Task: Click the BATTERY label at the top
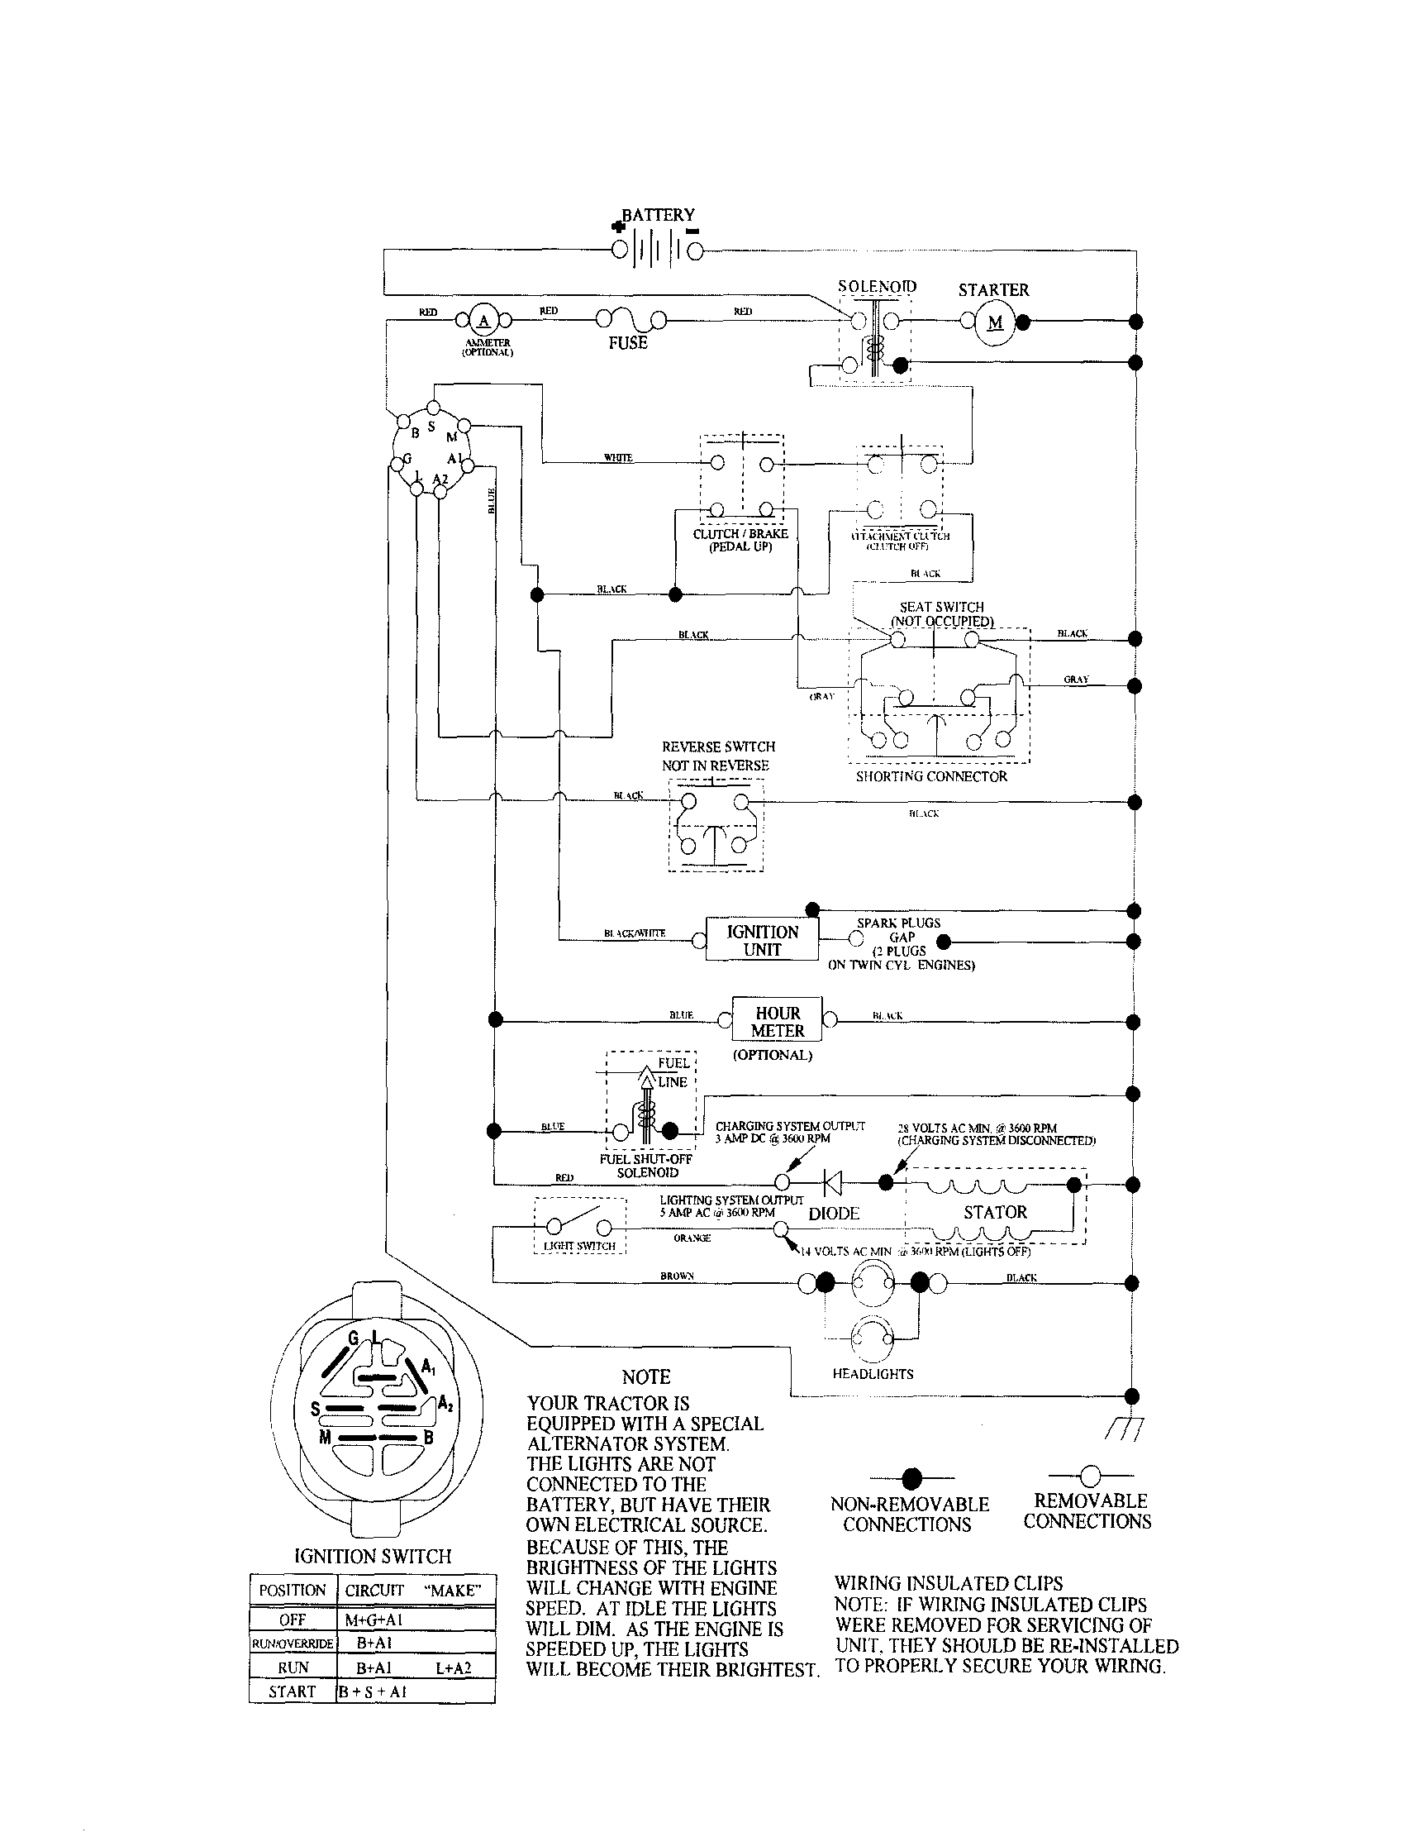[x=658, y=215]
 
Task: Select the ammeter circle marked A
[x=483, y=321]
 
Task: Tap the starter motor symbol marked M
[x=995, y=322]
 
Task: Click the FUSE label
[x=627, y=342]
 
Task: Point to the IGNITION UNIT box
[x=761, y=940]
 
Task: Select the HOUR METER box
[x=778, y=1021]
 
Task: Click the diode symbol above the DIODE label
[x=832, y=1182]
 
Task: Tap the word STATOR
[x=995, y=1212]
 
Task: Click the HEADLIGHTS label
[x=872, y=1374]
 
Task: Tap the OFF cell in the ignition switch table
[x=292, y=1620]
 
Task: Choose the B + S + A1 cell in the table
[x=373, y=1692]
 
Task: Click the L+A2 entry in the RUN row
[x=453, y=1667]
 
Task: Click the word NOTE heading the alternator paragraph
[x=645, y=1376]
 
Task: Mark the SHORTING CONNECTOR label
[x=930, y=776]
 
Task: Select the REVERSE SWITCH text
[x=718, y=747]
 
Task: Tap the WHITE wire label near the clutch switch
[x=618, y=457]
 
